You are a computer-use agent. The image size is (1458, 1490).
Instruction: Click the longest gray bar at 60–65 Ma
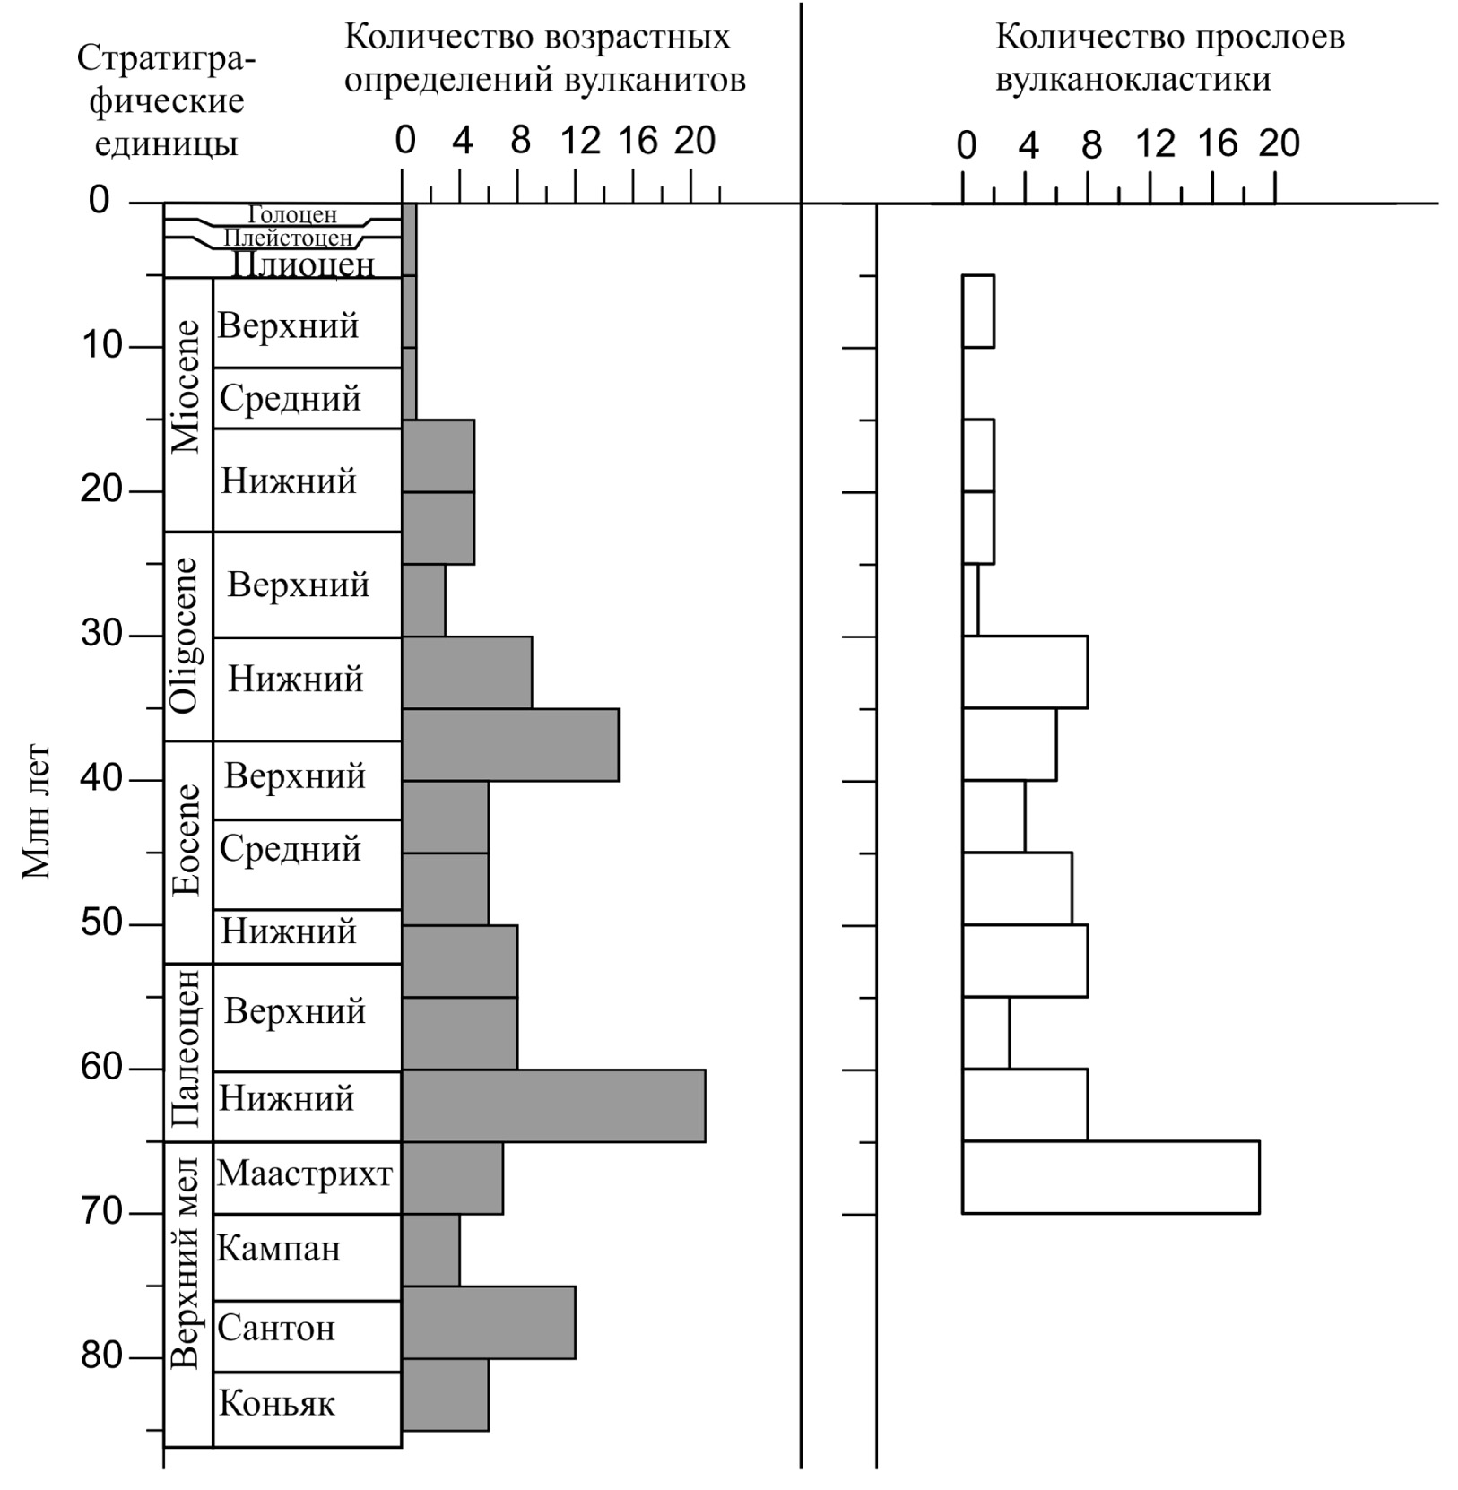tap(553, 1105)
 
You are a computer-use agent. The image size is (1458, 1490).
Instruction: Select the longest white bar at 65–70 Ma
tap(1110, 1177)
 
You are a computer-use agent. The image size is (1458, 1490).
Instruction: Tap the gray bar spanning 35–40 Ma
tap(510, 745)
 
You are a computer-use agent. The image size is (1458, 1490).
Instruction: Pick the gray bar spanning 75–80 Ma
tap(489, 1322)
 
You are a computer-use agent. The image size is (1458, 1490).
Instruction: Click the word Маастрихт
tap(305, 1174)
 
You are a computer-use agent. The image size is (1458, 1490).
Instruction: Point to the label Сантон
tap(276, 1328)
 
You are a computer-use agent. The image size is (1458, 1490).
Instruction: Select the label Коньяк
tap(277, 1404)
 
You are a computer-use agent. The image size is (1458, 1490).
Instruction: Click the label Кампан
tap(279, 1249)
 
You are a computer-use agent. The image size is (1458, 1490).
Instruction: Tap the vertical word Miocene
tap(187, 386)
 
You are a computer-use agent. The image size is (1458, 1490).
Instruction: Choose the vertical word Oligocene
tap(185, 636)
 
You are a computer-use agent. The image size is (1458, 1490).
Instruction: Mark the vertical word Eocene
tap(187, 840)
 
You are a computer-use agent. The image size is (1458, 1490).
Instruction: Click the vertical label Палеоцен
tap(186, 1050)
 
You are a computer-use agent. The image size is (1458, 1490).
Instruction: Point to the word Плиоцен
tap(302, 264)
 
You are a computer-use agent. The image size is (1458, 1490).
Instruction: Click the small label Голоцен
tap(292, 215)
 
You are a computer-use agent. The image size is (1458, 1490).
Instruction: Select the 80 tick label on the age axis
tap(102, 1356)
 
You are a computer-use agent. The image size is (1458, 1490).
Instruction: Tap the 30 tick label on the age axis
tap(102, 634)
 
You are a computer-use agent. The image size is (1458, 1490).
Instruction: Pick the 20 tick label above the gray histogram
tap(695, 141)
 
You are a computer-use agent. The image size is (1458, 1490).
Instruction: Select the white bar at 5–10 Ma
tap(978, 311)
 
